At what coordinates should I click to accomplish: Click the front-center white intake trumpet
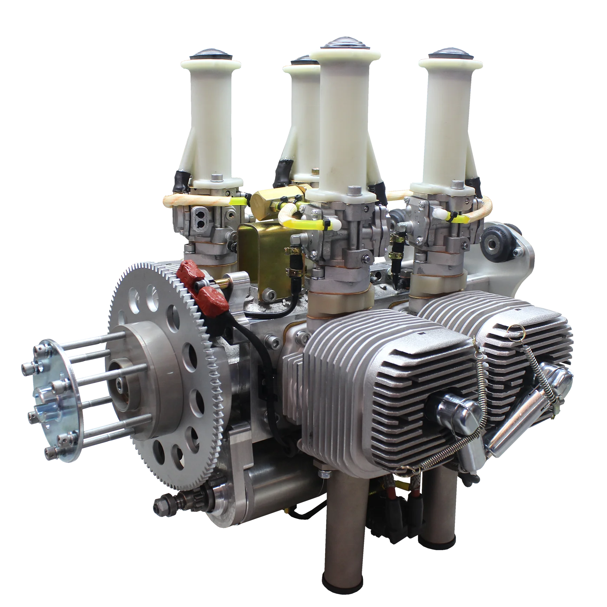click(346, 116)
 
